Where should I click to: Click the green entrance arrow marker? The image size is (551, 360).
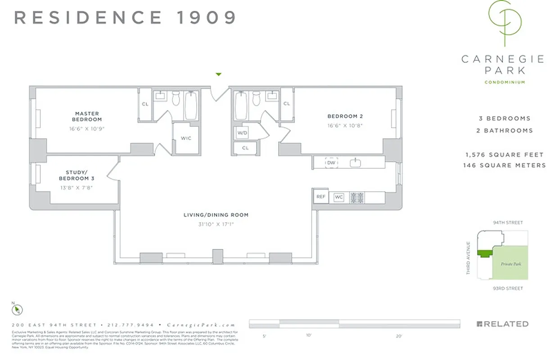(219, 74)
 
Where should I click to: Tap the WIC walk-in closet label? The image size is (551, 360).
(185, 138)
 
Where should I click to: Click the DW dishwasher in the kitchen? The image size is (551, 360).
(331, 162)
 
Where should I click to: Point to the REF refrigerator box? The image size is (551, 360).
(321, 197)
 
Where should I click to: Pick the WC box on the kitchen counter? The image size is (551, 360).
(339, 197)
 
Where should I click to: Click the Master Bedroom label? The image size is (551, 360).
(87, 117)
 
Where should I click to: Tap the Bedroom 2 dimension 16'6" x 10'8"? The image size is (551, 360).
(345, 126)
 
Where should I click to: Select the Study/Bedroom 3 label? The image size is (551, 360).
(77, 175)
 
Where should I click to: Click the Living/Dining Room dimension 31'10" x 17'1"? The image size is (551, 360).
(216, 224)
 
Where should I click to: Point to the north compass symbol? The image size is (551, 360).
(17, 310)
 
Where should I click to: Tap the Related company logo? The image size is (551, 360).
(502, 324)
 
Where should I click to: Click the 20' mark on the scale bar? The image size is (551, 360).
(399, 336)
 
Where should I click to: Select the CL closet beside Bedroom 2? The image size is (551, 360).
(287, 104)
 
